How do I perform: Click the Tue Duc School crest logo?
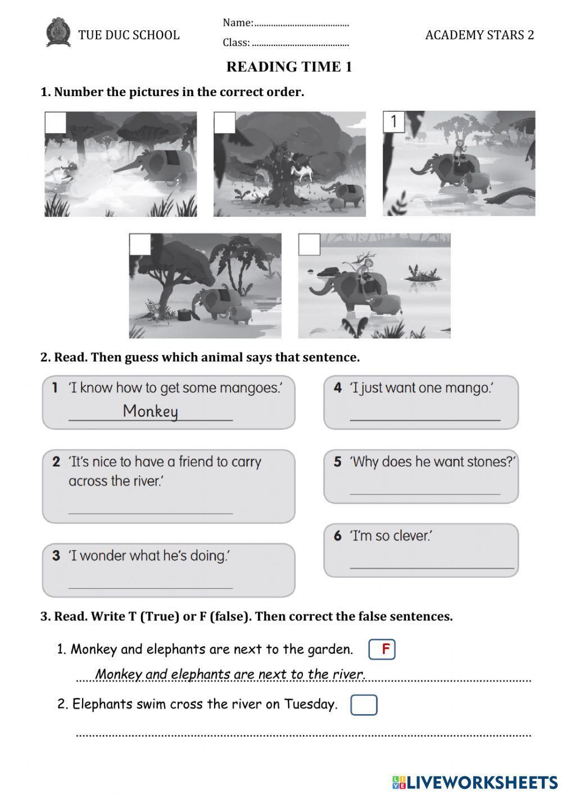(58, 33)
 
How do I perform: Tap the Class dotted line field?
(300, 43)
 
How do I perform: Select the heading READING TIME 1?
(289, 67)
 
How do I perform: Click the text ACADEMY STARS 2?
(479, 35)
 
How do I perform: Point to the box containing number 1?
(394, 121)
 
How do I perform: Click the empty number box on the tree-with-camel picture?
(224, 122)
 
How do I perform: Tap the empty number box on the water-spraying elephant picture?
(56, 122)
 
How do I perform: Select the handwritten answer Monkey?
(150, 411)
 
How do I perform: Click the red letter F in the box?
(386, 650)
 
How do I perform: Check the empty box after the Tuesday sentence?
(364, 705)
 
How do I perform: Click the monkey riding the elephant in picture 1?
(459, 149)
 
